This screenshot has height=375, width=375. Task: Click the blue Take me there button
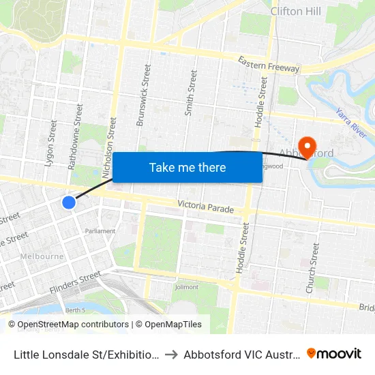click(x=187, y=167)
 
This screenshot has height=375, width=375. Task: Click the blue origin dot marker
click(x=69, y=202)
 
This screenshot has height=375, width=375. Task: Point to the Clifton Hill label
click(x=296, y=11)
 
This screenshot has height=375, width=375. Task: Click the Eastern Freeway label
click(x=269, y=65)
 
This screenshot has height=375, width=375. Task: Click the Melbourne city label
click(x=42, y=256)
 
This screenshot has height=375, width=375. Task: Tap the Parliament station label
click(x=100, y=231)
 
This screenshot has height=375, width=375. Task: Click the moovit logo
click(x=333, y=353)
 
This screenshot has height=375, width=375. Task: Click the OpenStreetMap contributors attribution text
click(x=68, y=325)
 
